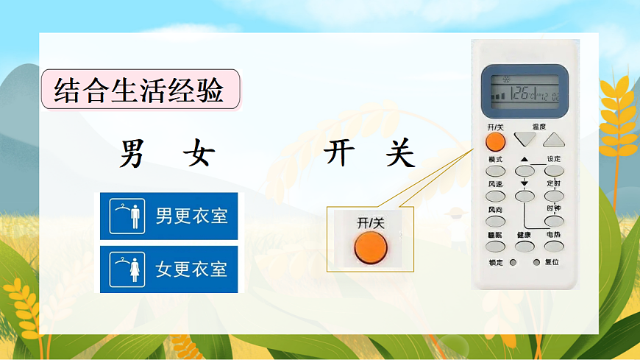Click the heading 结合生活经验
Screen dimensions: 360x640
coord(140,90)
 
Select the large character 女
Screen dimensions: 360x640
coord(199,154)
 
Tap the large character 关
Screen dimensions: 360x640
coord(399,154)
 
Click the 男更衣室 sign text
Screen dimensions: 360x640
coord(191,216)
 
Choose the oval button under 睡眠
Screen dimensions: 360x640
coord(495,246)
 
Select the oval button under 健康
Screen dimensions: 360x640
coord(524,246)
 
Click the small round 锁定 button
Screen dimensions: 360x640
coord(513,262)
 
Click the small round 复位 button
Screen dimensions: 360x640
coord(536,262)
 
